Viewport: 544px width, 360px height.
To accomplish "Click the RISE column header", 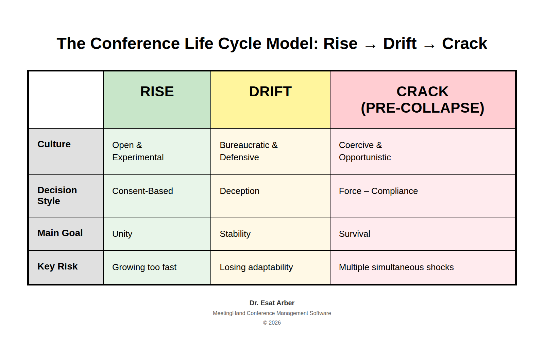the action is pyautogui.click(x=157, y=92).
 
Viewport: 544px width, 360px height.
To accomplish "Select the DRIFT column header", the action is pyautogui.click(x=270, y=92).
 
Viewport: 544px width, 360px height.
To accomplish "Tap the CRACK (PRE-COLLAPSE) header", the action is pyautogui.click(x=423, y=100).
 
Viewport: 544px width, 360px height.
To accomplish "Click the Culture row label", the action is pyautogui.click(x=54, y=144).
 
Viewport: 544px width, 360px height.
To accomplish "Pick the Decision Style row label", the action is pyautogui.click(x=57, y=195).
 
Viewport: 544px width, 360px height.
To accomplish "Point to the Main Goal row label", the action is pyautogui.click(x=60, y=233).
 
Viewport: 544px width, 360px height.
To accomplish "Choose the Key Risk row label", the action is pyautogui.click(x=57, y=266).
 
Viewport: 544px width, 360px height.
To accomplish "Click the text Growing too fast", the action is pyautogui.click(x=144, y=267).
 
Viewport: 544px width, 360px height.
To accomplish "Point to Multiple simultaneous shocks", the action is pyautogui.click(x=396, y=267).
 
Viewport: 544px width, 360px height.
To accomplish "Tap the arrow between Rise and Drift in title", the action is pyautogui.click(x=370, y=46).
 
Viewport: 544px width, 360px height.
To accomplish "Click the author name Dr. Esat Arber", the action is pyautogui.click(x=272, y=303).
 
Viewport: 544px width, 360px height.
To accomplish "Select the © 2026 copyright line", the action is pyautogui.click(x=272, y=323).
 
